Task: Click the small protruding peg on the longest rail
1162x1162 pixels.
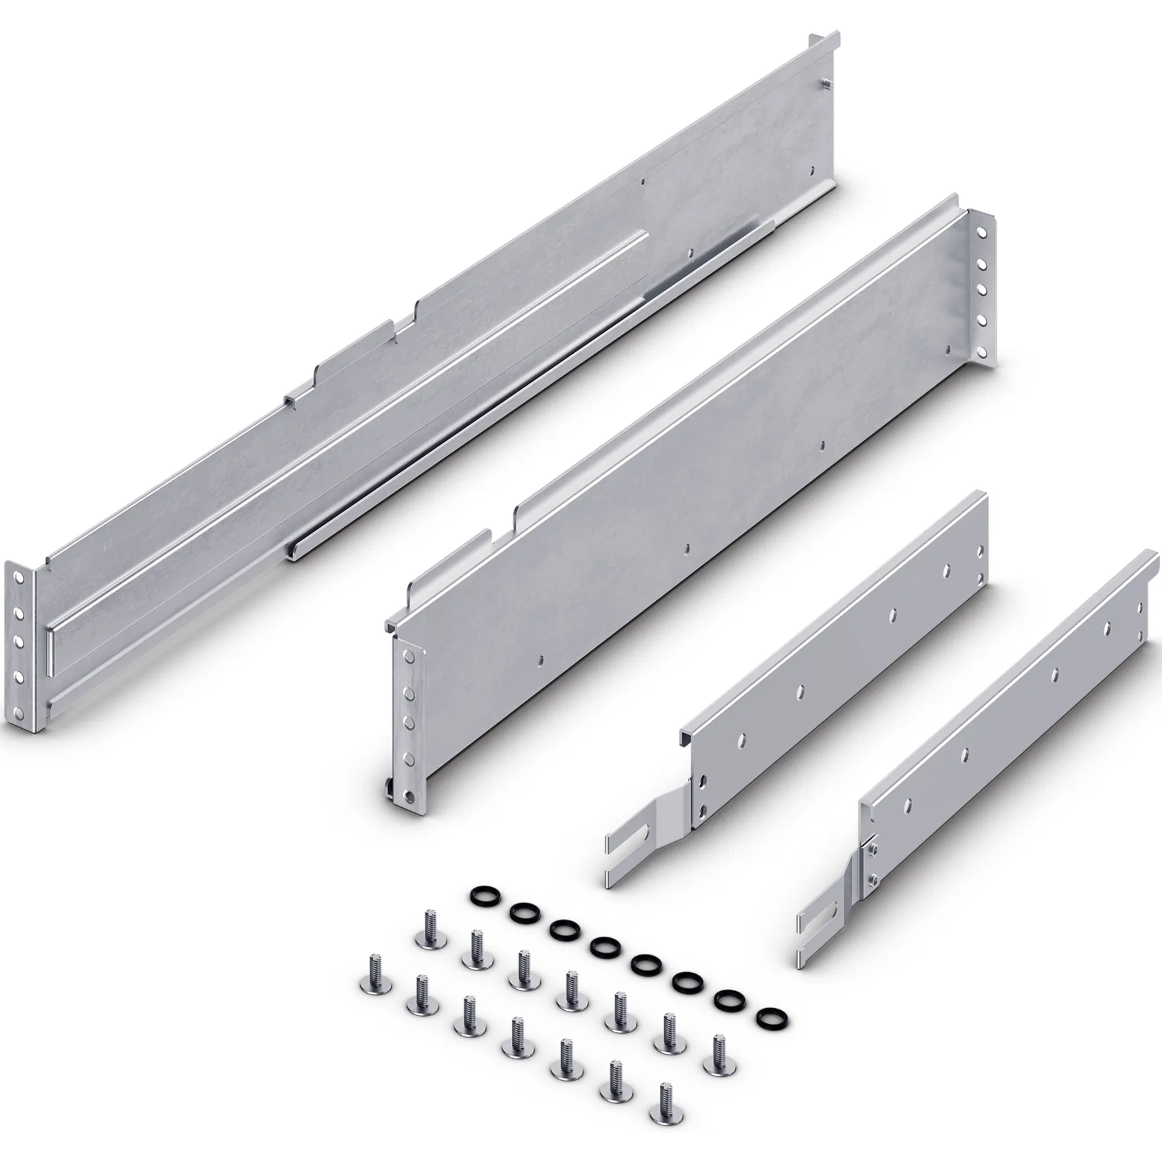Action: point(826,83)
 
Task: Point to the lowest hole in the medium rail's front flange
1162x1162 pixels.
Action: point(410,796)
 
